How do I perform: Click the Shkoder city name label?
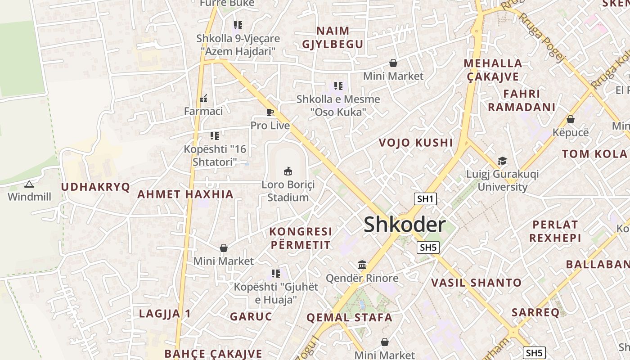pyautogui.click(x=405, y=225)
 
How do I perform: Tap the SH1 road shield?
pyautogui.click(x=425, y=199)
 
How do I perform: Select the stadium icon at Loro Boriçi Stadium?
pyautogui.click(x=288, y=171)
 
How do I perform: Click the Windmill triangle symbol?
pyautogui.click(x=29, y=184)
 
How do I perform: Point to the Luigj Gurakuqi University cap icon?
pyautogui.click(x=502, y=161)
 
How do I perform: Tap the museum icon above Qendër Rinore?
pyautogui.click(x=362, y=265)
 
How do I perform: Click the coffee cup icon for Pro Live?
pyautogui.click(x=270, y=112)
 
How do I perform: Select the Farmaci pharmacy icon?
pyautogui.click(x=203, y=98)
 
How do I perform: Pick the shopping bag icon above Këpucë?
pyautogui.click(x=570, y=119)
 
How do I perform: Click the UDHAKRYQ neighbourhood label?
pyautogui.click(x=95, y=187)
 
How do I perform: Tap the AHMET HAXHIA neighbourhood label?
pyautogui.click(x=185, y=194)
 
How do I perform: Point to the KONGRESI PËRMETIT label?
pyautogui.click(x=300, y=238)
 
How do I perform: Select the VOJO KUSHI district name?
pyautogui.click(x=415, y=143)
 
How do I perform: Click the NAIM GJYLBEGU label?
pyautogui.click(x=333, y=37)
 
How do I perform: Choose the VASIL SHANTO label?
pyautogui.click(x=477, y=283)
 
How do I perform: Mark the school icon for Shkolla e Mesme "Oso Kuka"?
pyautogui.click(x=338, y=85)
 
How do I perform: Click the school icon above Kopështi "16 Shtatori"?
pyautogui.click(x=215, y=135)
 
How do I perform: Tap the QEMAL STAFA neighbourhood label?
pyautogui.click(x=349, y=317)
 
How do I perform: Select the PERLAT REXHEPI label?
pyautogui.click(x=555, y=231)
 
